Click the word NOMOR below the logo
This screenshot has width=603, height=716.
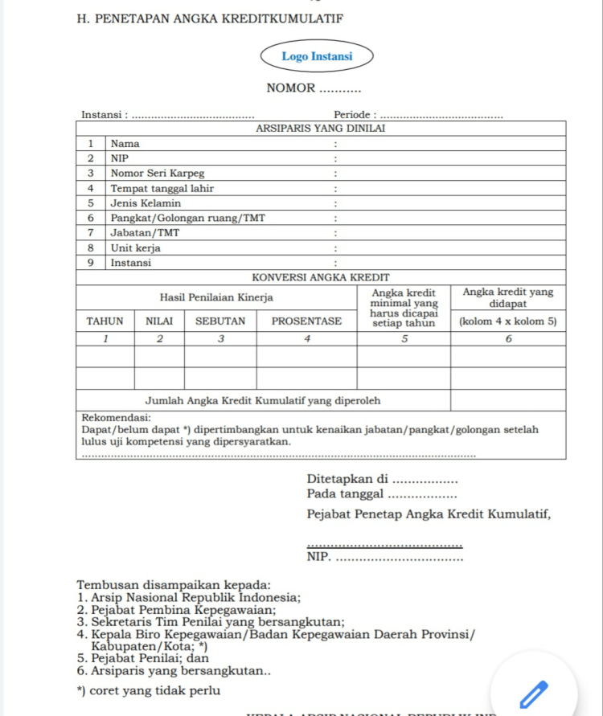pyautogui.click(x=291, y=88)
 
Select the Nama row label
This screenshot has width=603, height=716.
pyautogui.click(x=125, y=144)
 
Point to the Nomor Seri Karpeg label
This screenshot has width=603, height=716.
pyautogui.click(x=157, y=174)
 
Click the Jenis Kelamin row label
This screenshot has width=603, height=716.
pyautogui.click(x=146, y=203)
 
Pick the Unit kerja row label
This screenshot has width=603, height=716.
pyautogui.click(x=135, y=248)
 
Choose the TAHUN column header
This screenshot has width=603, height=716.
pyautogui.click(x=105, y=321)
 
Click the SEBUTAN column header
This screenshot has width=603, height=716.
pyautogui.click(x=220, y=321)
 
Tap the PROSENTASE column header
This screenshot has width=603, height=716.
pyautogui.click(x=306, y=321)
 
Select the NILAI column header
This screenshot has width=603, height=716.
pyautogui.click(x=159, y=321)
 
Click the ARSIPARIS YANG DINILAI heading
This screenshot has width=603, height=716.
pyautogui.click(x=321, y=129)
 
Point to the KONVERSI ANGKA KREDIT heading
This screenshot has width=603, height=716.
pyautogui.click(x=321, y=277)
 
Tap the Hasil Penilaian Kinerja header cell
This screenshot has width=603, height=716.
pyautogui.click(x=216, y=298)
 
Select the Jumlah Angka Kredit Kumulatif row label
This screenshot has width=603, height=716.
pyautogui.click(x=263, y=400)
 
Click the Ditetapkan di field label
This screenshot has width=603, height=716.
pyautogui.click(x=347, y=480)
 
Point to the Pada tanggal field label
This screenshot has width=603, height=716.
pyautogui.click(x=346, y=494)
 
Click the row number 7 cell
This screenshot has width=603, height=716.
pyautogui.click(x=91, y=233)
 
